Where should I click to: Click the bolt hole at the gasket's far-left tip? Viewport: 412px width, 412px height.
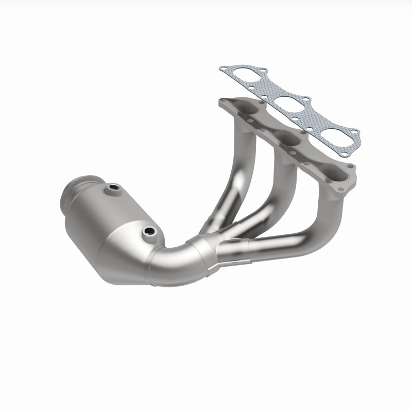click(x=223, y=68)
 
